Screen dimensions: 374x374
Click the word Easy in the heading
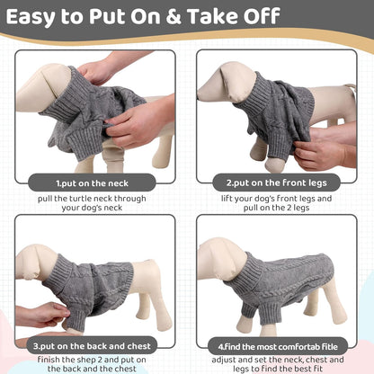[45, 18]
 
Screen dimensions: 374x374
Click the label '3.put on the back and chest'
[93, 344]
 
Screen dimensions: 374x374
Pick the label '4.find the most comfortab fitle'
[280, 344]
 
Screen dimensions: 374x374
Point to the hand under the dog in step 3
[40, 315]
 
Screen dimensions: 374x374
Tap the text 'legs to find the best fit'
[280, 369]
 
